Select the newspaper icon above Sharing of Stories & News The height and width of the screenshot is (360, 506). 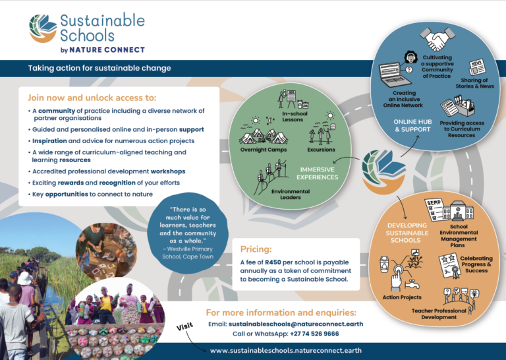tap(477, 67)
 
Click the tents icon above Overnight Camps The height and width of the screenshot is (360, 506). tap(264, 136)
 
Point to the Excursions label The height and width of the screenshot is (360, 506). tap(321, 150)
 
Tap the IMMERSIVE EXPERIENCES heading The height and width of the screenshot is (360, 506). tap(317, 173)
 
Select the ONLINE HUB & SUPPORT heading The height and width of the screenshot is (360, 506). tap(412, 125)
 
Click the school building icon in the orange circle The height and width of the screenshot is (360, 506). tap(459, 210)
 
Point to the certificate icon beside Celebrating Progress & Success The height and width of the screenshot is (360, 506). tap(449, 266)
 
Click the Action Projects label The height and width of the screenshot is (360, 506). tap(402, 297)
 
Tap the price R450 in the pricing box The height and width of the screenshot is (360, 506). tap(273, 262)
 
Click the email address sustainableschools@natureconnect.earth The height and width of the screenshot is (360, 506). tap(296, 324)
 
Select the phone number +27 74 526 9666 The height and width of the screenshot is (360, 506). tap(314, 334)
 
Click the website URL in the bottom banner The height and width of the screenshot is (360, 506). tap(285, 351)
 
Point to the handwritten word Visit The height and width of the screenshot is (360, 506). tap(185, 326)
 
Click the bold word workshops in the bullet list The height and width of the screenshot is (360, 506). tap(168, 171)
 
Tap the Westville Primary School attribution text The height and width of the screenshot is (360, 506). tap(188, 253)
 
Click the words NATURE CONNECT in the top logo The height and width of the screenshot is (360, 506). tap(107, 49)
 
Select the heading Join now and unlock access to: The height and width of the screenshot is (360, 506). tap(92, 98)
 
